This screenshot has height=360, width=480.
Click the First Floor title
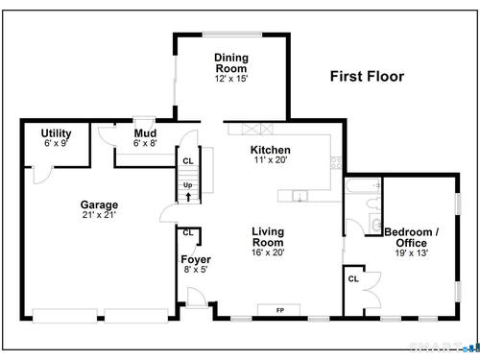(x=367, y=77)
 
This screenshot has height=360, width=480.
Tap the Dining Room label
(x=231, y=63)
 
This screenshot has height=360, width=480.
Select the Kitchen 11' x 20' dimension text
(x=271, y=159)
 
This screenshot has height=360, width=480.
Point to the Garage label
(x=99, y=204)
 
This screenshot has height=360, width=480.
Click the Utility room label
(x=56, y=133)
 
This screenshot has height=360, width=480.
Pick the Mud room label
(x=145, y=133)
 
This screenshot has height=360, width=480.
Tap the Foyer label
(x=196, y=259)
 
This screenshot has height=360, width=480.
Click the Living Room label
(x=268, y=237)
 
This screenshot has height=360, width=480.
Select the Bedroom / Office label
(x=412, y=237)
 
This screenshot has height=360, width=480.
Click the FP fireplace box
(x=278, y=310)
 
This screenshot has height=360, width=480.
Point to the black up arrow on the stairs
(x=188, y=197)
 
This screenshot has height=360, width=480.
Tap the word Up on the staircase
(x=188, y=185)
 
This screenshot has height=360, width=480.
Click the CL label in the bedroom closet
(x=353, y=279)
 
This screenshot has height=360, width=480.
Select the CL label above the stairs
(x=188, y=161)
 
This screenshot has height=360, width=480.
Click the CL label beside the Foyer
(x=188, y=232)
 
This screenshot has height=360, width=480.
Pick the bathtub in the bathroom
(x=363, y=185)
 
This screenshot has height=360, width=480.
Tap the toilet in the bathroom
(x=373, y=204)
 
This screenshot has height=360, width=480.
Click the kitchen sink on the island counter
(x=300, y=196)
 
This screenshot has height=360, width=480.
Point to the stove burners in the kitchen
(x=336, y=163)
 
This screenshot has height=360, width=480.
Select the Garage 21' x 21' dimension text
(x=99, y=215)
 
